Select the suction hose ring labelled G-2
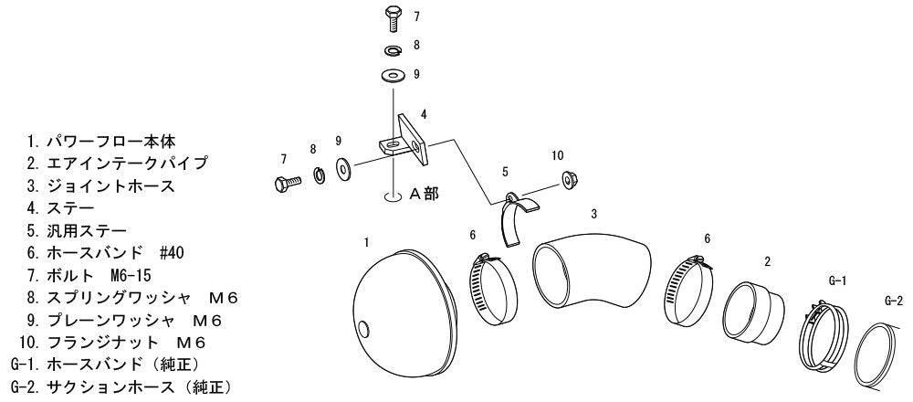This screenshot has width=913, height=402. (x=876, y=356)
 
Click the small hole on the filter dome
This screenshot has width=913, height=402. (x=364, y=329)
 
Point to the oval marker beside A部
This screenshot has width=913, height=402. (x=394, y=196)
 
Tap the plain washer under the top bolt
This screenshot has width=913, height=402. (x=393, y=76)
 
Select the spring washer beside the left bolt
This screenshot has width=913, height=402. (x=320, y=175)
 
